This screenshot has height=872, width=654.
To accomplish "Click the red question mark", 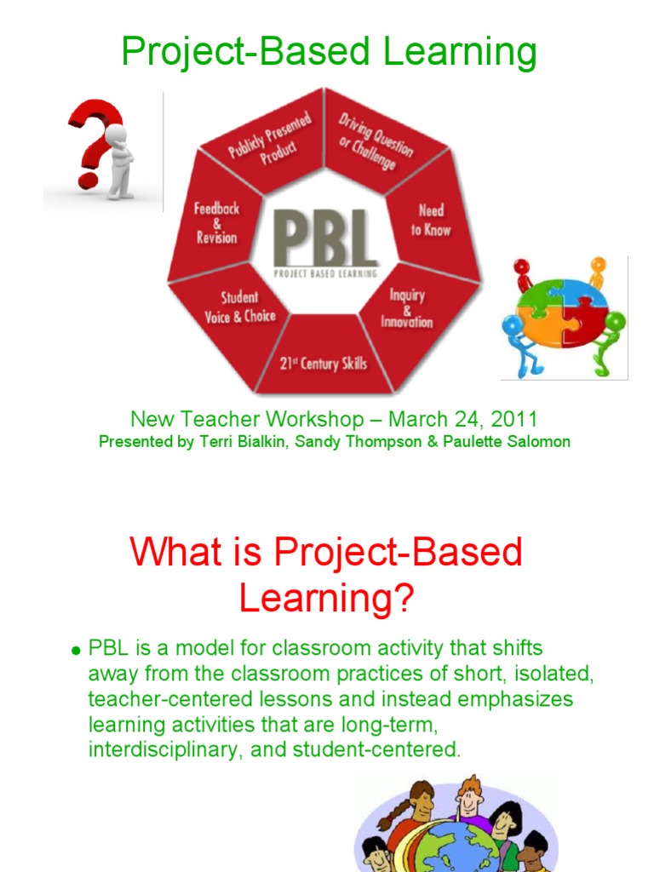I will pos(92,136).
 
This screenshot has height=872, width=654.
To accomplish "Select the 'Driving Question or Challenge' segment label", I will pos(375,140).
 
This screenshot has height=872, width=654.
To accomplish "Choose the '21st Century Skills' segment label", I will pos(324,364).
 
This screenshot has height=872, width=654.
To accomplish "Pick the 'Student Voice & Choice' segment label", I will pos(240,307).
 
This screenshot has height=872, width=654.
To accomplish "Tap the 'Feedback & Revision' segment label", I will pos(217,223).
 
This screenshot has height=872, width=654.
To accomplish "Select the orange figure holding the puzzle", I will pos(597,272).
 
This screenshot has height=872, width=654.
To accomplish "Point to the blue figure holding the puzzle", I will pos(517,341).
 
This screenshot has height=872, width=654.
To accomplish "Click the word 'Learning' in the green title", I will pos(460,53).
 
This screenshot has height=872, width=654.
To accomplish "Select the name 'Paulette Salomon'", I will pos(516,442).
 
